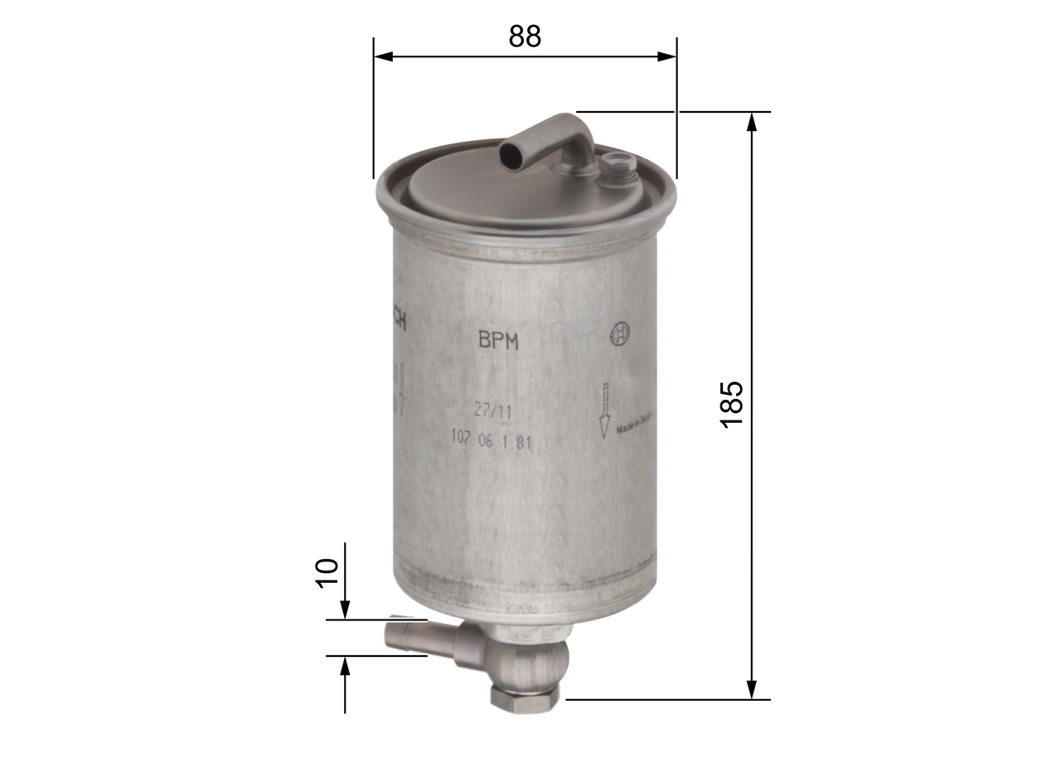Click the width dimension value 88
coord(525,36)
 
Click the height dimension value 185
coord(733,404)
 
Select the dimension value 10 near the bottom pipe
coord(328,573)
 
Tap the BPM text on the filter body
coord(498,341)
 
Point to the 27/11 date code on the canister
coord(491,411)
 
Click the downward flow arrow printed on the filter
coord(605,411)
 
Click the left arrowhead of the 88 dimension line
coord(382,56)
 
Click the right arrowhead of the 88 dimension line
coord(667,56)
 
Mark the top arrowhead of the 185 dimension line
coord(752,121)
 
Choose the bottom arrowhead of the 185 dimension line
coord(752,689)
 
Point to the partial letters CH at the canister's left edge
coord(399,319)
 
